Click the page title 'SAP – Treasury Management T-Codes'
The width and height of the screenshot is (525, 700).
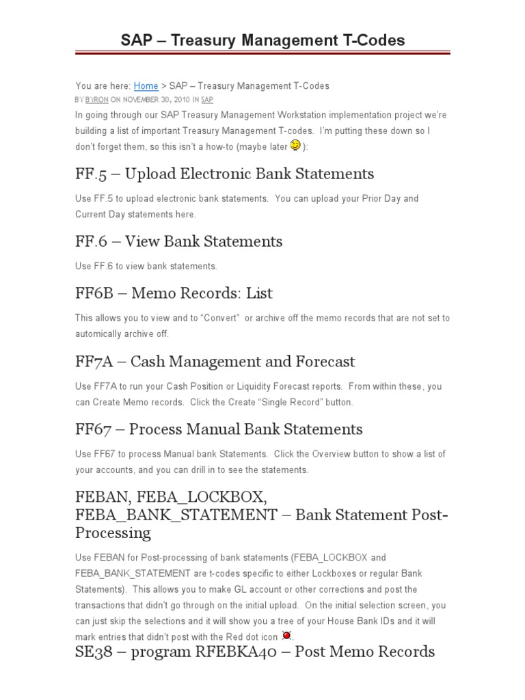pyautogui.click(x=262, y=40)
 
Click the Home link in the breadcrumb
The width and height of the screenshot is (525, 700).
pyautogui.click(x=146, y=86)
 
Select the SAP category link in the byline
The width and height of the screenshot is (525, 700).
pyautogui.click(x=207, y=100)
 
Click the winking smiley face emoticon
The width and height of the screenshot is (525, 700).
pyautogui.click(x=295, y=145)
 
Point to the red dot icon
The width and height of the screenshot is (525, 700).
pyautogui.click(x=287, y=635)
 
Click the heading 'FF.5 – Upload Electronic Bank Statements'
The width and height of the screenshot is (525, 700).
pyautogui.click(x=224, y=174)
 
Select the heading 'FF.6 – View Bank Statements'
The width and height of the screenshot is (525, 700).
pyautogui.click(x=178, y=241)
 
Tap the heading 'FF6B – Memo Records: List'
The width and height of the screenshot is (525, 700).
pyautogui.click(x=174, y=293)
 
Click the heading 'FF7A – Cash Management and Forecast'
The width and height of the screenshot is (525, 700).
pyautogui.click(x=215, y=362)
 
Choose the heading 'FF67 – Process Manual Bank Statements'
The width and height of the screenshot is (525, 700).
pyautogui.click(x=219, y=429)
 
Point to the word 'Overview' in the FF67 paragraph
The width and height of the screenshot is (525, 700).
pyautogui.click(x=334, y=455)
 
